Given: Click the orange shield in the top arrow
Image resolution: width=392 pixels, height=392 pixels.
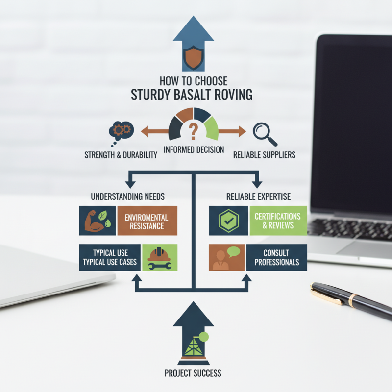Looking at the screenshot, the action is (193, 57).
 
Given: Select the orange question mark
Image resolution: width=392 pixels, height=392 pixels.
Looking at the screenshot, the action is (193, 131).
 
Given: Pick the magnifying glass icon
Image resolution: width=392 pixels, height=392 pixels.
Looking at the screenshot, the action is (265, 134).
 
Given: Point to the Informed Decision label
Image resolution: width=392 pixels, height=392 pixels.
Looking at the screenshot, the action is (194, 150).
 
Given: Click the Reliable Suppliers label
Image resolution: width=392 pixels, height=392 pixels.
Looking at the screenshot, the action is (264, 155).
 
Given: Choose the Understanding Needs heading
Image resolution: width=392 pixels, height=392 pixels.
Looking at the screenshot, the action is (128, 197).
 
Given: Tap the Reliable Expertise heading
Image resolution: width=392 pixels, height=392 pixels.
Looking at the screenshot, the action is (259, 197).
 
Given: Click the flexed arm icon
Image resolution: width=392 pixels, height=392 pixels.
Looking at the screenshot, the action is (93, 221).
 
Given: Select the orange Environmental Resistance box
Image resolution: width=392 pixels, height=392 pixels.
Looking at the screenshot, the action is (147, 220).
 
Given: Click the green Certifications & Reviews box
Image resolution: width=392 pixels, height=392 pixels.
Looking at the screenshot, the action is (278, 220).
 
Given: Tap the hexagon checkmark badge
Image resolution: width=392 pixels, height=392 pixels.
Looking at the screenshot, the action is (228, 221).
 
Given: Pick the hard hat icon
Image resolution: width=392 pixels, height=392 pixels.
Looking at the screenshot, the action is (159, 254).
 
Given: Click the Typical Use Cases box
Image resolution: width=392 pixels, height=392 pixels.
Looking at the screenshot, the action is (110, 258).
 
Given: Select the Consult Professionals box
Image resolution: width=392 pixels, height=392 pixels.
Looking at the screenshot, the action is (277, 258).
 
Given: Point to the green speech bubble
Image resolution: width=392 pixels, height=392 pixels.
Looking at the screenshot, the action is (234, 251).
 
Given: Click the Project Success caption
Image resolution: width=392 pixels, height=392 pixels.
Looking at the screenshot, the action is (193, 373).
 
